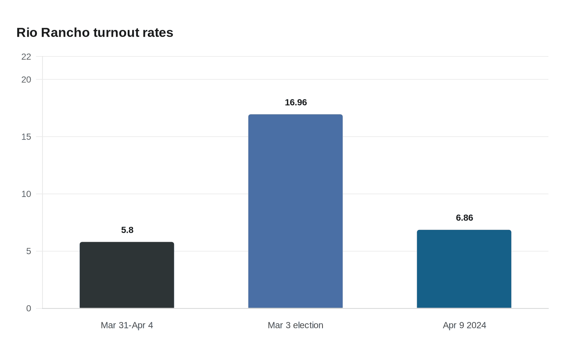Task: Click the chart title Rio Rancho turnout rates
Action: point(95,33)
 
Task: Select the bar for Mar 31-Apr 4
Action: point(127,275)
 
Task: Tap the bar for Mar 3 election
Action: point(296,211)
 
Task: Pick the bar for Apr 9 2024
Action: point(464,269)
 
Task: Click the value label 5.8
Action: point(127,230)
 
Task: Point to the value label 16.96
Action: point(296,103)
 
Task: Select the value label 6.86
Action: point(465,218)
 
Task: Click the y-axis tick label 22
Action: point(26,57)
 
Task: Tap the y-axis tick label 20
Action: point(26,80)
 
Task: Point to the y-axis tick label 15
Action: point(26,137)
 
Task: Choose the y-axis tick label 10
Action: point(26,194)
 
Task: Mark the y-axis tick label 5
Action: point(29,252)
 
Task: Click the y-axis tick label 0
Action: point(29,309)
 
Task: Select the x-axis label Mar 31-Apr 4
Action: point(127,326)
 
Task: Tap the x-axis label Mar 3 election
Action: point(296,326)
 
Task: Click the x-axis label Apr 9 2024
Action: point(465,326)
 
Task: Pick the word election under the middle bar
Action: point(308,326)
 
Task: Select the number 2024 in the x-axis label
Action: point(476,326)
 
